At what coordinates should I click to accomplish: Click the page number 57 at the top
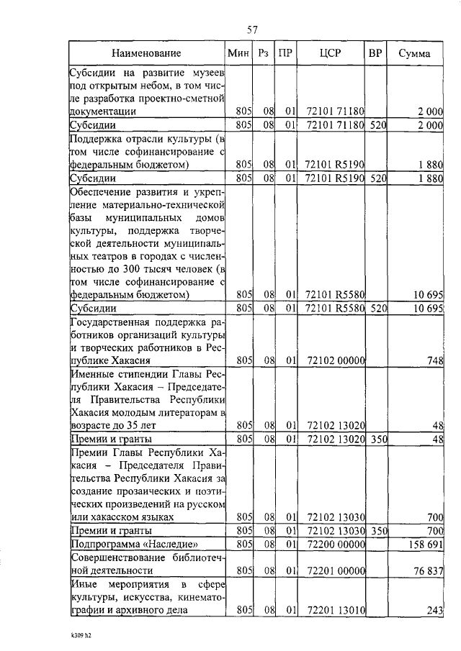(x=252, y=29)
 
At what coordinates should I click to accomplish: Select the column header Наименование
(x=146, y=53)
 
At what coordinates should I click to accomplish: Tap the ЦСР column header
(x=332, y=53)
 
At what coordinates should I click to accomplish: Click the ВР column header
(x=375, y=53)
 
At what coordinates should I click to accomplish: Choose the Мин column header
(x=238, y=53)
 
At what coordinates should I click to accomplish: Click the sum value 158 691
(x=424, y=544)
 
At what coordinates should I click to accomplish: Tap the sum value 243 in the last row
(x=434, y=611)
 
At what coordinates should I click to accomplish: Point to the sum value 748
(x=434, y=360)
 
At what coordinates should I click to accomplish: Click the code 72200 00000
(x=336, y=544)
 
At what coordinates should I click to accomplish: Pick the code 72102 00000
(x=336, y=360)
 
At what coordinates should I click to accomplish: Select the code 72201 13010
(x=336, y=611)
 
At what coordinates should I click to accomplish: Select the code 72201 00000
(x=336, y=571)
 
